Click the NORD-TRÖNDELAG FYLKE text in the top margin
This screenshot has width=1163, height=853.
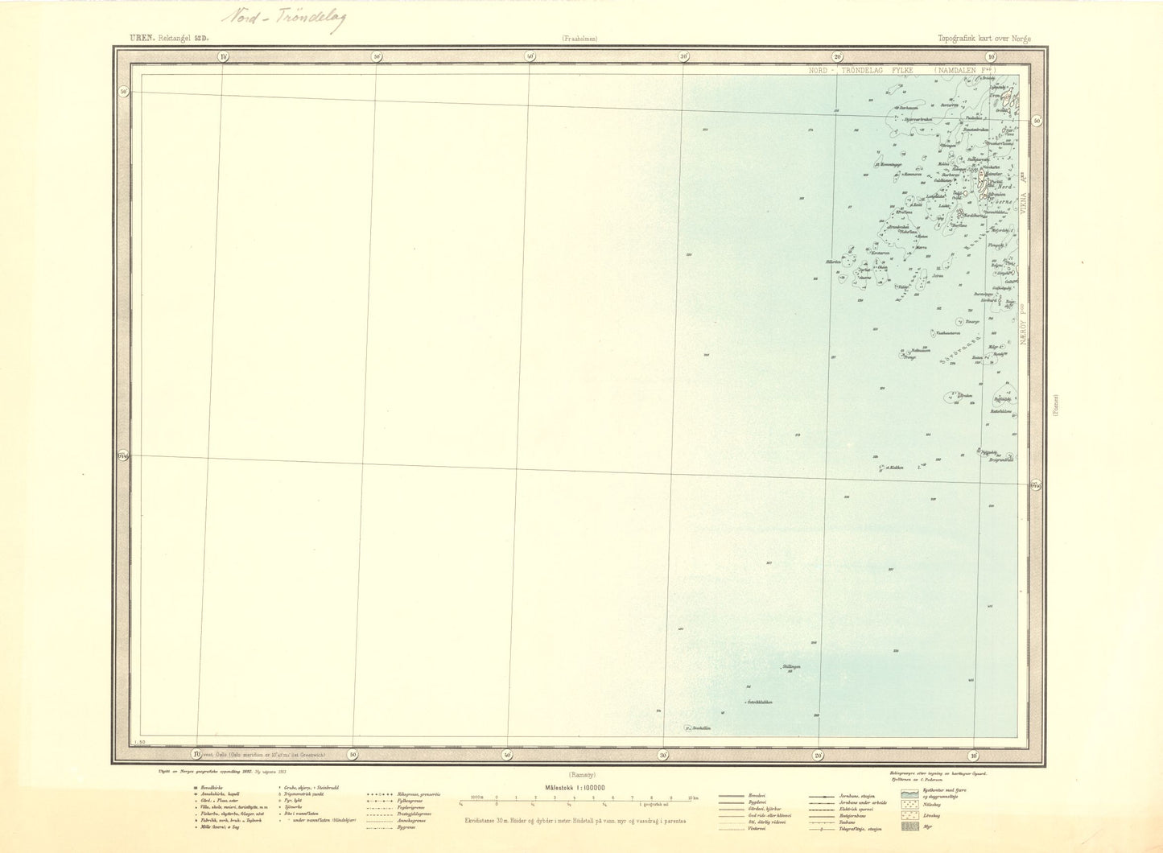click(864, 71)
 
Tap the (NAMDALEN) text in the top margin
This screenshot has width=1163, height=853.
click(965, 71)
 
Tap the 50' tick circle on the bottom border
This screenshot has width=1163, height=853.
click(352, 754)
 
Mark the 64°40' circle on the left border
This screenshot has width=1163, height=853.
click(122, 456)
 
